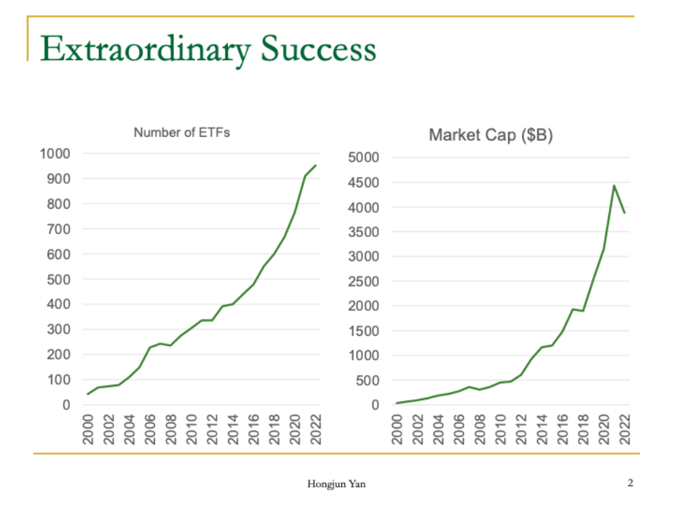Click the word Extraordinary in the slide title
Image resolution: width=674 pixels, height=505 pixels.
pyautogui.click(x=145, y=50)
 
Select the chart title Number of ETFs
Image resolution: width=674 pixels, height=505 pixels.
pyautogui.click(x=182, y=133)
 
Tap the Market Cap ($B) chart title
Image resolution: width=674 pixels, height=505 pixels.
pyautogui.click(x=491, y=135)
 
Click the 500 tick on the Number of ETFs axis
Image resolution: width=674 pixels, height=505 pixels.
pyautogui.click(x=58, y=279)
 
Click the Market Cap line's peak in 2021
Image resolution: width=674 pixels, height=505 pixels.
pyautogui.click(x=614, y=185)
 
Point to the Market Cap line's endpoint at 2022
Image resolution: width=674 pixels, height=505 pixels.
pyautogui.click(x=625, y=213)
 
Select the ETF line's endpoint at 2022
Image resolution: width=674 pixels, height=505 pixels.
pyautogui.click(x=316, y=165)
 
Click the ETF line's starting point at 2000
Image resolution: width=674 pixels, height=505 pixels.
pyautogui.click(x=88, y=394)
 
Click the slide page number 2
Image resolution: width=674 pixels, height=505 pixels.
pyautogui.click(x=630, y=483)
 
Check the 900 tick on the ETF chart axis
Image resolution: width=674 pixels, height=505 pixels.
pyautogui.click(x=58, y=179)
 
